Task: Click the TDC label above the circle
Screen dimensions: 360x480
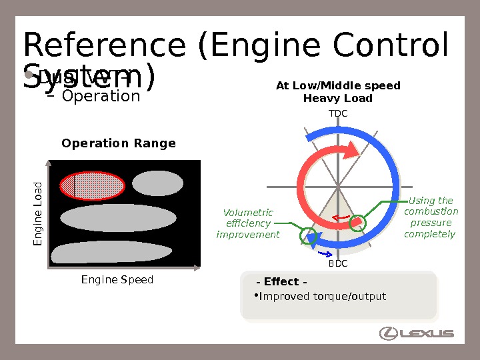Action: coord(338,114)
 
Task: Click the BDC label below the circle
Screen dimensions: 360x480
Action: coord(338,264)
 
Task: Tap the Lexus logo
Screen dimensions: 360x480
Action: coord(417,333)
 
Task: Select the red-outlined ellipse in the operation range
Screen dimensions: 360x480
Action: coord(92,185)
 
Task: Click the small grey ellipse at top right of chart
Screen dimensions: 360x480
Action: coord(157,183)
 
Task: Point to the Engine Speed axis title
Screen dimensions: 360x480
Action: coord(117,280)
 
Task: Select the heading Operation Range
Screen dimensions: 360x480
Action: coord(119,144)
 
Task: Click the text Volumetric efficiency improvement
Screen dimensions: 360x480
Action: coord(249,223)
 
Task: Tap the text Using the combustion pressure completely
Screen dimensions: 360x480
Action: coord(430,217)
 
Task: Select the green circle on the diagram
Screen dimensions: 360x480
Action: coord(309,235)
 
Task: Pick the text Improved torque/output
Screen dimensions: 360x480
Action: coord(322,296)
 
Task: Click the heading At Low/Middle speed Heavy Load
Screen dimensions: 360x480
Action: coord(338,92)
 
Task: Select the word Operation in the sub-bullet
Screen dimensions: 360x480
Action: coord(101,96)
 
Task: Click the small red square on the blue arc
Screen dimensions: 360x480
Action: coord(358,221)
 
